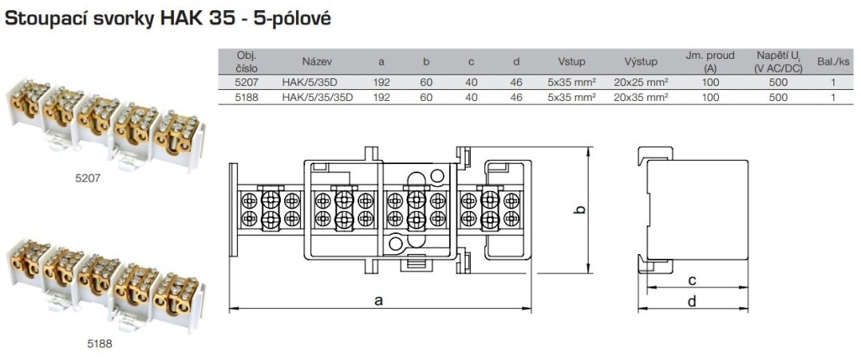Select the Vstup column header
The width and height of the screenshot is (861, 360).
click(x=571, y=61)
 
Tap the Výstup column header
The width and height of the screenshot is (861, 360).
click(x=641, y=61)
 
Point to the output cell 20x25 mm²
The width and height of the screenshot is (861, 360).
click(x=641, y=83)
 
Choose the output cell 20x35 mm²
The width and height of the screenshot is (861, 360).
click(x=641, y=98)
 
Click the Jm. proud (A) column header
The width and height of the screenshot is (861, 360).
click(x=710, y=61)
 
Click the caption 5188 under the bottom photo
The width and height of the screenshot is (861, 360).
click(x=98, y=343)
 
